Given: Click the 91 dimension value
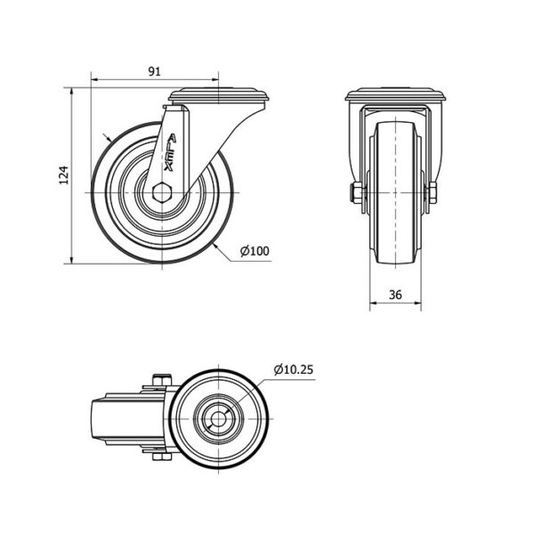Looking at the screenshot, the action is [x=154, y=71].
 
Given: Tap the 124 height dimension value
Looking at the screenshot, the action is [x=64, y=175].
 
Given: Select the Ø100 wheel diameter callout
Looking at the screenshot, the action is [x=255, y=251].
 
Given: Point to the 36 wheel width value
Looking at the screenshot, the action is [x=395, y=295].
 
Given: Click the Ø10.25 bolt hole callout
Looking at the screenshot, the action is [x=293, y=369].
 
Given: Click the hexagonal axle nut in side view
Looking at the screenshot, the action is [x=162, y=193].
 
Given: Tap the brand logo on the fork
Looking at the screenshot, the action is [x=170, y=152].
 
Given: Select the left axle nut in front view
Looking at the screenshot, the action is [x=357, y=193].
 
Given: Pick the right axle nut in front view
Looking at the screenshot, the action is [x=433, y=193].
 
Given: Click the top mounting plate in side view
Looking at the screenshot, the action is [x=219, y=96].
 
